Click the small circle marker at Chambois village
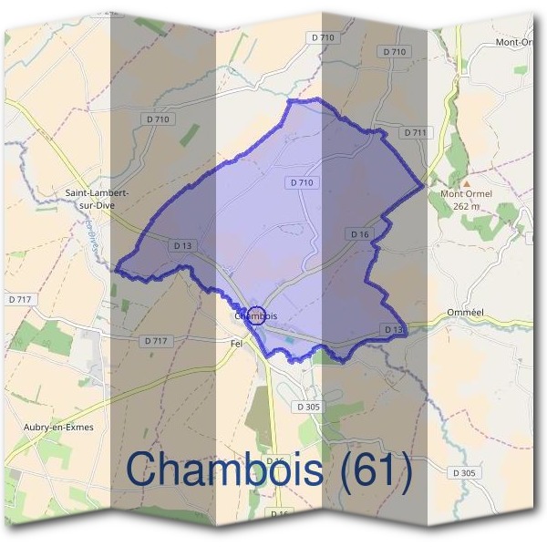coord(256,315)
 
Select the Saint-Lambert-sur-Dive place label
coord(97,199)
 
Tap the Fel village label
coord(238,343)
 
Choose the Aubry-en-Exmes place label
coord(59,427)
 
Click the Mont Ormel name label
coord(466,193)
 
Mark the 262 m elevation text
coord(467,205)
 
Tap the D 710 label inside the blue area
coord(303,182)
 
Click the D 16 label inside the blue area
coord(360,234)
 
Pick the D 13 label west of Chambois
coord(181,245)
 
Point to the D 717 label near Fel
coord(155,340)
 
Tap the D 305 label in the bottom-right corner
coord(464,472)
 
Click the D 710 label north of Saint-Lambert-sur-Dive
coord(157,119)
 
